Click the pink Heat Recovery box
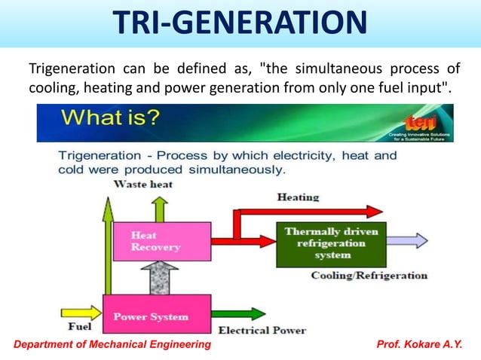pyautogui.click(x=156, y=241)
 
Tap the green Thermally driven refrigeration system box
pyautogui.click(x=332, y=243)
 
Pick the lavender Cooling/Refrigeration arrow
pyautogui.click(x=407, y=242)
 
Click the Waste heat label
pyautogui.click(x=143, y=184)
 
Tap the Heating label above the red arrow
pyautogui.click(x=298, y=197)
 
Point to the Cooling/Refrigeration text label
pyautogui.click(x=369, y=276)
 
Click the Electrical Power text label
pyautogui.click(x=262, y=330)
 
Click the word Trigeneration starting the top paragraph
pyautogui.click(x=66, y=70)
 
